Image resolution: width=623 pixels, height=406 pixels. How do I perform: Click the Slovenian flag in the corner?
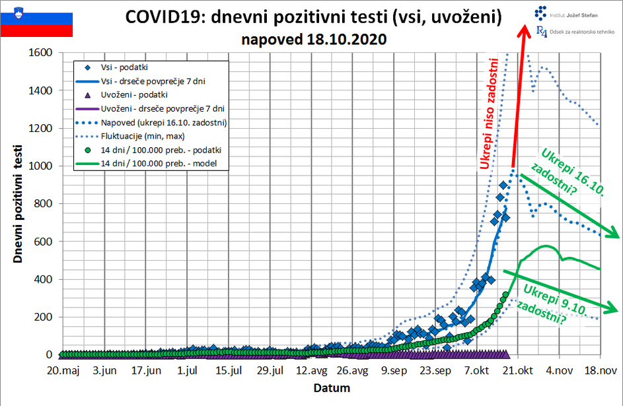[36, 19]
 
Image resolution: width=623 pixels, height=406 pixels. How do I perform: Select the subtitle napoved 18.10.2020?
[314, 39]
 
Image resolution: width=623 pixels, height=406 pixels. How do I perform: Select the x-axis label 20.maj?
[62, 371]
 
